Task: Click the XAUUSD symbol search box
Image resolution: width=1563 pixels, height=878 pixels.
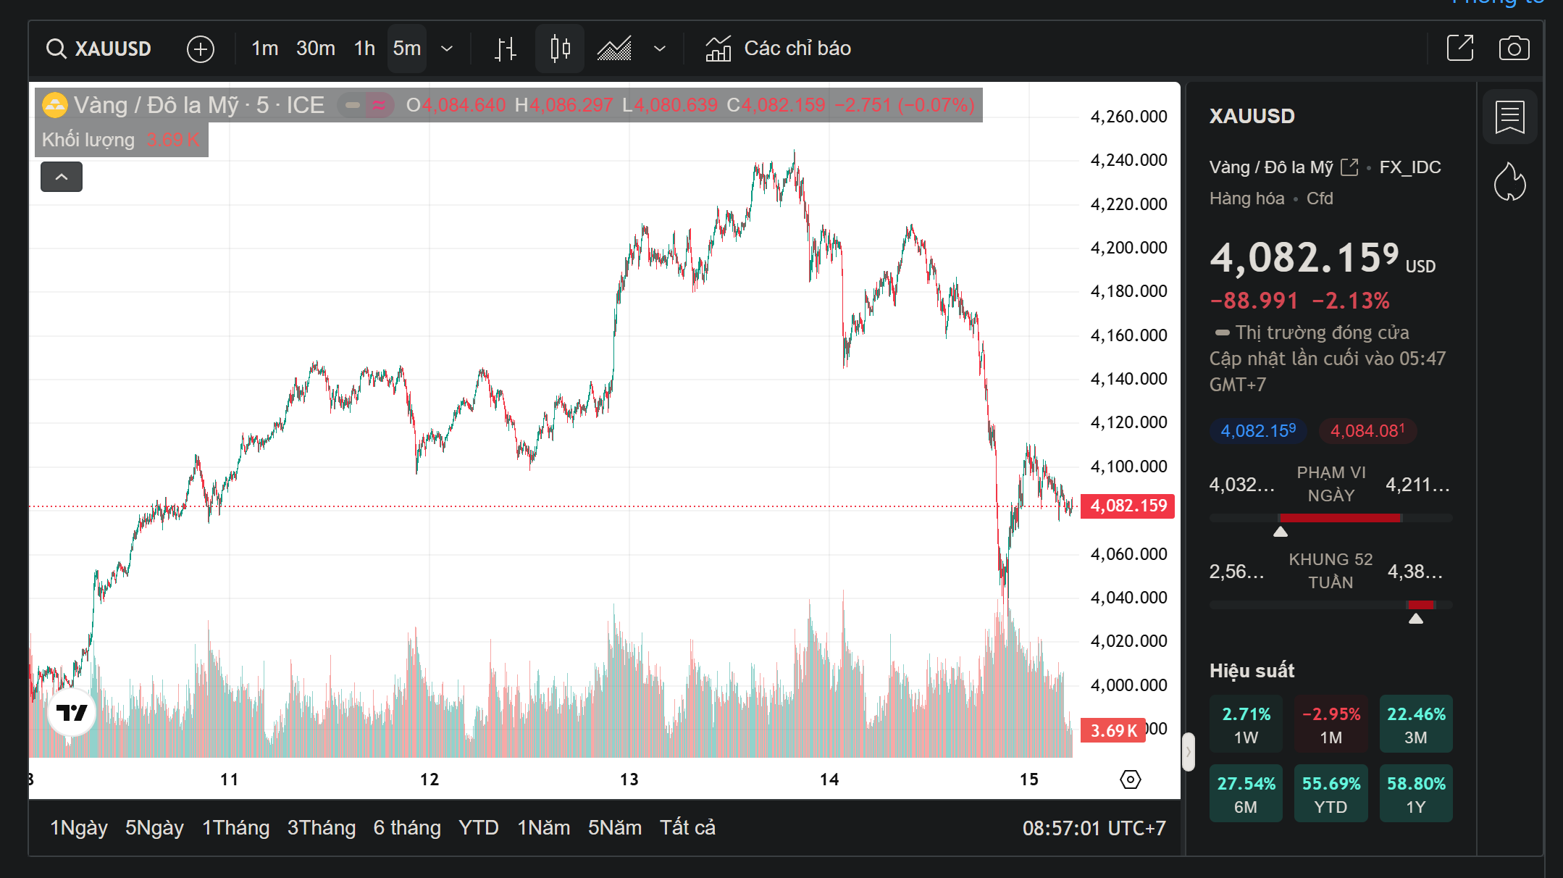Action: pos(99,49)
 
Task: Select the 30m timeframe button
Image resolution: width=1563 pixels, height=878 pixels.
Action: pos(315,49)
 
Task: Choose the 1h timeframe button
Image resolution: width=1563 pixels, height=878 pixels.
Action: pos(364,49)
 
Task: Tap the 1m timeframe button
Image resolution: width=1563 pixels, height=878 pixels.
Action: pos(264,49)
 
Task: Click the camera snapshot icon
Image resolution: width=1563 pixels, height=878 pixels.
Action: pos(1514,49)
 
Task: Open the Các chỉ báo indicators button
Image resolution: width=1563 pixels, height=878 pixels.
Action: pos(779,49)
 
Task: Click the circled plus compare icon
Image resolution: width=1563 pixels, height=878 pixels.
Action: pos(201,49)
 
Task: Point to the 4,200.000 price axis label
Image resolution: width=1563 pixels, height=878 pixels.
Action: pos(1128,248)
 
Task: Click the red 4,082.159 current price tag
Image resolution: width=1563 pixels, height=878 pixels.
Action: pos(1128,506)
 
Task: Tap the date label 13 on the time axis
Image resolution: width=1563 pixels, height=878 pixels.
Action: pos(629,779)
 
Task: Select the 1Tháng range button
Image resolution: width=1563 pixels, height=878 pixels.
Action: pos(235,827)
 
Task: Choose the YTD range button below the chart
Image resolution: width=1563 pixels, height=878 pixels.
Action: pos(478,827)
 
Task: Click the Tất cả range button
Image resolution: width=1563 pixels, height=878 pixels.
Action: pos(687,827)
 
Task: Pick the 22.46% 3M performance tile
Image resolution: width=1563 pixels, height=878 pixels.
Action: pos(1415,724)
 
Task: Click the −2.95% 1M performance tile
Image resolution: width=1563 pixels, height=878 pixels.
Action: pos(1331,724)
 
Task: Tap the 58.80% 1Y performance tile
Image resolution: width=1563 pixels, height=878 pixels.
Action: pos(1415,794)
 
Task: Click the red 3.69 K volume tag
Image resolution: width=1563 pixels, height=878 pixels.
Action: pos(1113,730)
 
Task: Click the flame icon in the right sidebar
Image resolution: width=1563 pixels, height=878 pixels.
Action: pos(1509,182)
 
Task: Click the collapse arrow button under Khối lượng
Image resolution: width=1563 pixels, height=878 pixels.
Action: pos(62,177)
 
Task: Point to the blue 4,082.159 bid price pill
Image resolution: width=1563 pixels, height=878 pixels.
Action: pos(1258,431)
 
